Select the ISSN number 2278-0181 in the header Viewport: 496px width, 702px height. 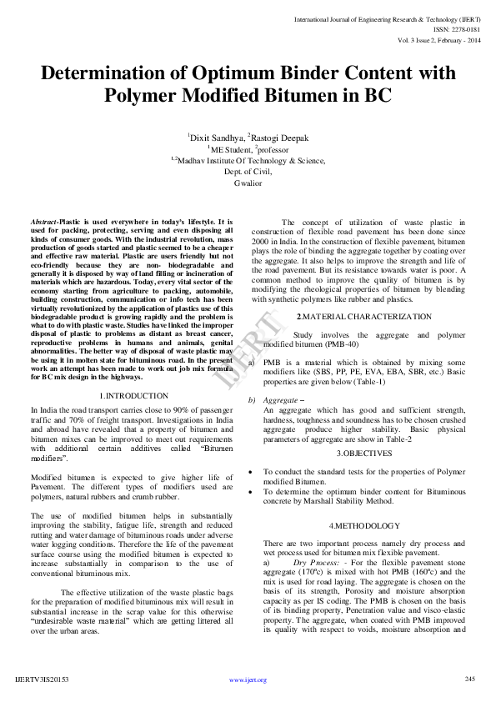tap(462, 28)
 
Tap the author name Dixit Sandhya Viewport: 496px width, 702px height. tap(217, 138)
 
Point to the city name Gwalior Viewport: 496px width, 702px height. tap(248, 182)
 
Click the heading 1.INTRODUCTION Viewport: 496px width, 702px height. tap(134, 395)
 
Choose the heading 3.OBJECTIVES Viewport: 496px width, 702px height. tap(364, 453)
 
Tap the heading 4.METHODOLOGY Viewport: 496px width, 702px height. tap(364, 526)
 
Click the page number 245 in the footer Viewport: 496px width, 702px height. tap(470, 679)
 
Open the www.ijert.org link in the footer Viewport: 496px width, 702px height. tap(248, 679)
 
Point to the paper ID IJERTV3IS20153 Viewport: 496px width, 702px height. tap(42, 679)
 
